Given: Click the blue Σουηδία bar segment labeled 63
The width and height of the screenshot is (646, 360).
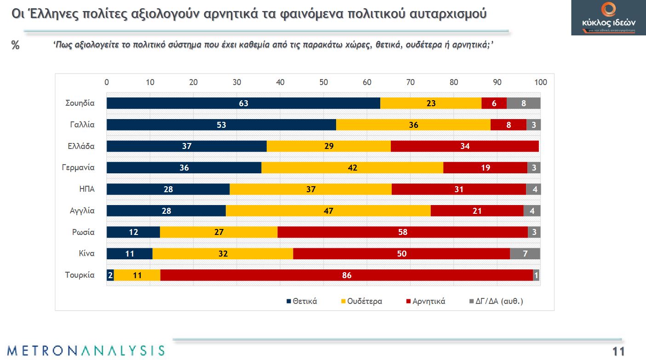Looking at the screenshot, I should coord(243,103).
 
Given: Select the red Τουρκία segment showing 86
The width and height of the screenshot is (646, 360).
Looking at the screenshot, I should coord(347,275).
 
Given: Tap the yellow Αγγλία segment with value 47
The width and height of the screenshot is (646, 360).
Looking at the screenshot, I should coord(328,211).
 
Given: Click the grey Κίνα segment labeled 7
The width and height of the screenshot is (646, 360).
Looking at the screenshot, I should coord(525,254).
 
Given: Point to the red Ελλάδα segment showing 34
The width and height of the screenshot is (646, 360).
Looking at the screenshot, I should coord(464,147).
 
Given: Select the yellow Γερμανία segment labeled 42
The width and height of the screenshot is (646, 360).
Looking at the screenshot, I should coord(352,168).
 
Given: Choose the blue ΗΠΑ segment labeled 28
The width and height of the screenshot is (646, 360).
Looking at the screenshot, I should coord(168,189).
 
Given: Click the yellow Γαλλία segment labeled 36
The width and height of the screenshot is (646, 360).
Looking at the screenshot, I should coord(413,125).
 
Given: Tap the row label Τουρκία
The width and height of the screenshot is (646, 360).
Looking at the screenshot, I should coord(80,275).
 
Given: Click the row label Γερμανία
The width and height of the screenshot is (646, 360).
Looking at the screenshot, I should coord(78,168).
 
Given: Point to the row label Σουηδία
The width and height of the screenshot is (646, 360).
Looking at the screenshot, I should coord(80,103).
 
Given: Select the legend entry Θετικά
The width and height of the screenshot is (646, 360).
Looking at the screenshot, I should coord(302,302).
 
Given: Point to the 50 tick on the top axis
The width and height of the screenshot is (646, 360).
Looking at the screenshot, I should coord(324,82).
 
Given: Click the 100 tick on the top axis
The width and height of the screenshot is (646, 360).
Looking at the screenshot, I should coord(541,82).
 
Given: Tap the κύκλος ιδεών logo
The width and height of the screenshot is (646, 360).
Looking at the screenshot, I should coord(608,17).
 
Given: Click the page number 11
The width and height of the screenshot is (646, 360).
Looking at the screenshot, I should coord(618,352).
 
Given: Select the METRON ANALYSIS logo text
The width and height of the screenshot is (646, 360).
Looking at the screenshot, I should coord(86,350).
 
